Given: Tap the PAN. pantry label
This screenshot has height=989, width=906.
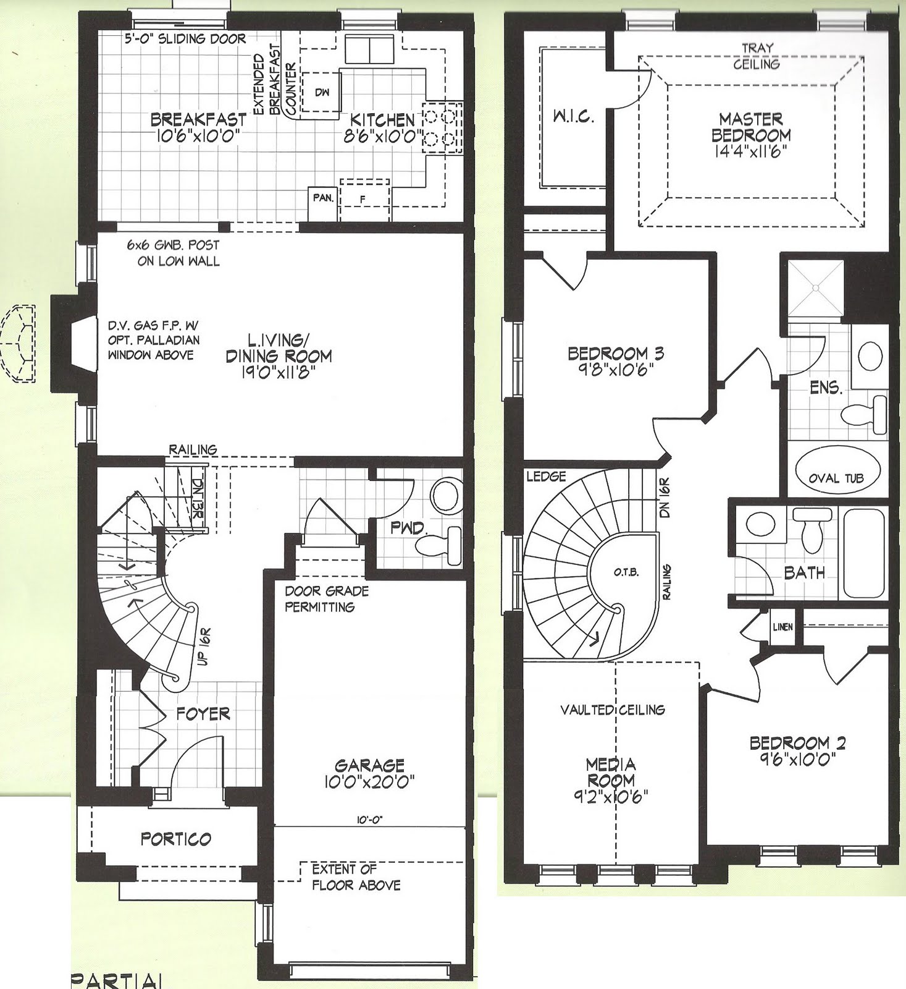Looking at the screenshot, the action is pos(323,198).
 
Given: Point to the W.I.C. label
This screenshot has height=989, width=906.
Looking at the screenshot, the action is pos(573,117).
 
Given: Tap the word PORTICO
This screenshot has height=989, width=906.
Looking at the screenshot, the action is pos(176,839).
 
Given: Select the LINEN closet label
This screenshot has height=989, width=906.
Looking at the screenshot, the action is pos(782,627).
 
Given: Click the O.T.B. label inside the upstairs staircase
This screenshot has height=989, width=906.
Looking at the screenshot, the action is pos(626,572).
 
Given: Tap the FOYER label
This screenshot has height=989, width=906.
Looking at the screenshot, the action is pos(203,714).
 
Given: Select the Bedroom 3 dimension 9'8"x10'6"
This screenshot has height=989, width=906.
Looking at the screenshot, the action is pos(615,370).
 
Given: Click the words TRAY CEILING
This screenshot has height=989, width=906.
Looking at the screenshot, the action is pos(757,56).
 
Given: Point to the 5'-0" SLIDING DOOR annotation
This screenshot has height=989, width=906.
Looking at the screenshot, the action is pos(184,38).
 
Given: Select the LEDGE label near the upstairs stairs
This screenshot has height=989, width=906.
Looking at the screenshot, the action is pos(546,477).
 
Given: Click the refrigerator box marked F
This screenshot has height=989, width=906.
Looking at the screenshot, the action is pos(364,200).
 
